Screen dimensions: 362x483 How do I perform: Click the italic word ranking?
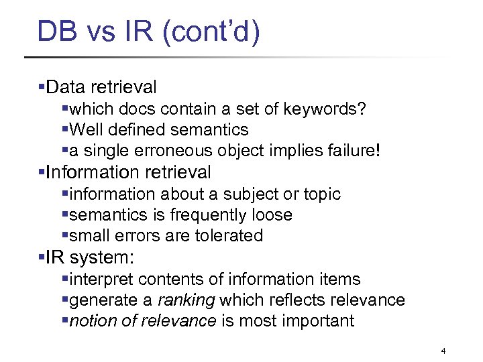[186, 300]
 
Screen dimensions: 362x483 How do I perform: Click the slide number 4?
[443, 351]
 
